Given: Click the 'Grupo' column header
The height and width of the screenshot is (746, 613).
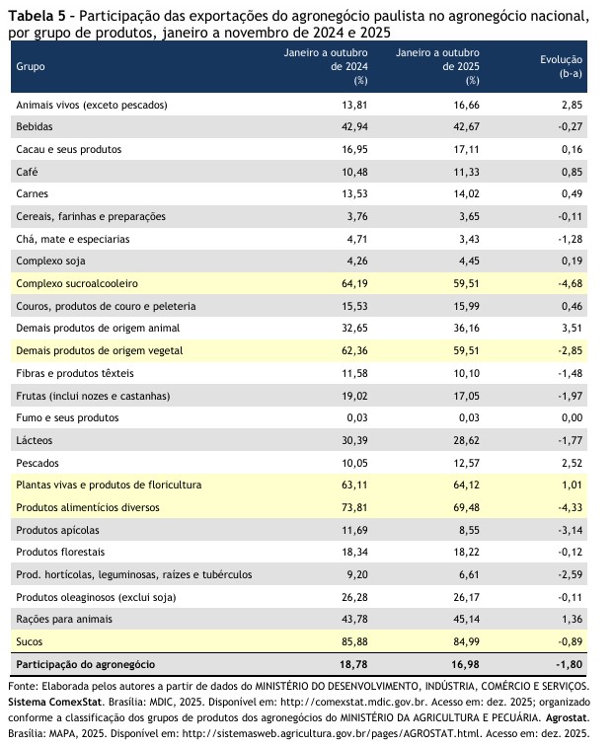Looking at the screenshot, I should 31,66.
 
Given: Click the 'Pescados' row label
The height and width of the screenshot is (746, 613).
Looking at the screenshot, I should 36,462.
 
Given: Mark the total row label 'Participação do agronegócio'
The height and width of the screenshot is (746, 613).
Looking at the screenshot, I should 86,664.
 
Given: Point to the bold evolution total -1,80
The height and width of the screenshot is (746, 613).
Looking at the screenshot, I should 566,664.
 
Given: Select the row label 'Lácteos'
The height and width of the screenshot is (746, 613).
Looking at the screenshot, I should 34,440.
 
